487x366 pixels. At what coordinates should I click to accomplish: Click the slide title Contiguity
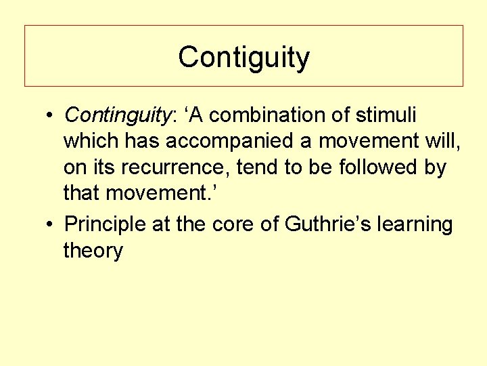(243, 58)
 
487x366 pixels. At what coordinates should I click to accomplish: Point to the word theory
(93, 251)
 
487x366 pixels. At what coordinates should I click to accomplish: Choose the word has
(143, 142)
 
